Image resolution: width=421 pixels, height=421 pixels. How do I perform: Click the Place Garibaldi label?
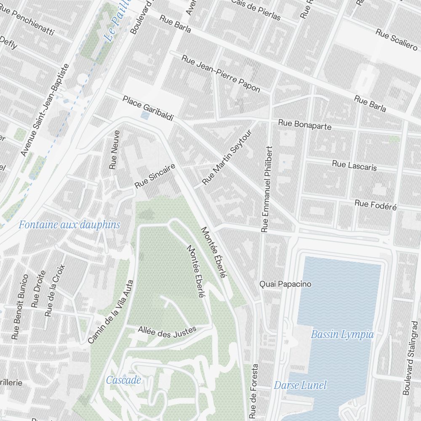coord(148,109)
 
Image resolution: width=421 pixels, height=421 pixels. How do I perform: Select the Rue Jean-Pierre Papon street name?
coord(221,73)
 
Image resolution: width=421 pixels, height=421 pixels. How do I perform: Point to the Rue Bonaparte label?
coord(304,125)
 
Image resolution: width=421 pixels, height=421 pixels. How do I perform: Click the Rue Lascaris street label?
coord(354,165)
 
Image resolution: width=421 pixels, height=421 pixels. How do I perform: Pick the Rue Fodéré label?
coord(376,205)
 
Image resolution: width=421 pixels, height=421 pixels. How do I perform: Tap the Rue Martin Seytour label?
coord(227,157)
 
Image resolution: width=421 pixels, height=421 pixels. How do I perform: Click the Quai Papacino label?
coord(285,284)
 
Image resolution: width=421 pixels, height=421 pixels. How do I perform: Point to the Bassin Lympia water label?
coord(342,335)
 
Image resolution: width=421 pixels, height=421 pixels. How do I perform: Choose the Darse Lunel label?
coord(300,385)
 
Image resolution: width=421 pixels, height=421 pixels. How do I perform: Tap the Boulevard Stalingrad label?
coord(410,358)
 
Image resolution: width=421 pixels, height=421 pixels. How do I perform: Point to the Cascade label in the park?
coord(123,380)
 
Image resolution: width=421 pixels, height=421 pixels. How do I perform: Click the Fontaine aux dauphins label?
coord(69,225)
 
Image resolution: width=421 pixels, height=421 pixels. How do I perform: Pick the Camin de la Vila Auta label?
coord(111,312)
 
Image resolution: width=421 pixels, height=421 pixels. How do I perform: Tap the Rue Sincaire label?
coord(155,176)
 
